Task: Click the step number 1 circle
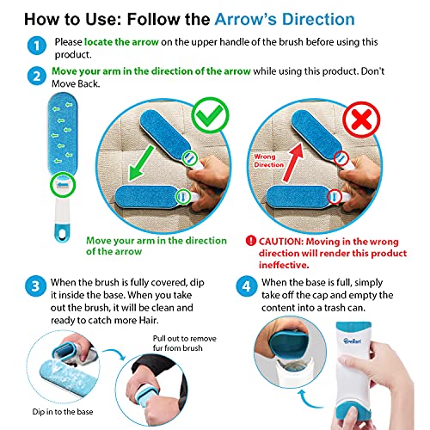35,43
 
